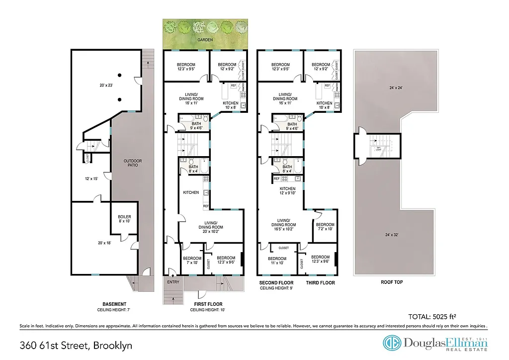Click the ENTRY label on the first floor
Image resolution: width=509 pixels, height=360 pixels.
point(173,282)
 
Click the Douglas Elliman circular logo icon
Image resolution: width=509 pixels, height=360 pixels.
point(390,343)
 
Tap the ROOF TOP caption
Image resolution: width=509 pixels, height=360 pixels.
point(392,282)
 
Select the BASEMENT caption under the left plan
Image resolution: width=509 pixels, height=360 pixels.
point(114,304)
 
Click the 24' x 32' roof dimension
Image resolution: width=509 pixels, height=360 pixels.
point(396,235)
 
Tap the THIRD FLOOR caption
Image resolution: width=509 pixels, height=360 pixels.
point(321,282)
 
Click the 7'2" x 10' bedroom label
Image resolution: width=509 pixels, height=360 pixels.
point(325,227)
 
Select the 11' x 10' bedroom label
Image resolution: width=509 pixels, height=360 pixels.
point(277,261)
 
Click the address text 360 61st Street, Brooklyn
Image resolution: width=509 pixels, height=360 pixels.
point(76,345)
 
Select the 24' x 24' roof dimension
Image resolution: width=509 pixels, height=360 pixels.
point(393,88)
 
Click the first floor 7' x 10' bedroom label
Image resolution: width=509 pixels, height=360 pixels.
point(192,261)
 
